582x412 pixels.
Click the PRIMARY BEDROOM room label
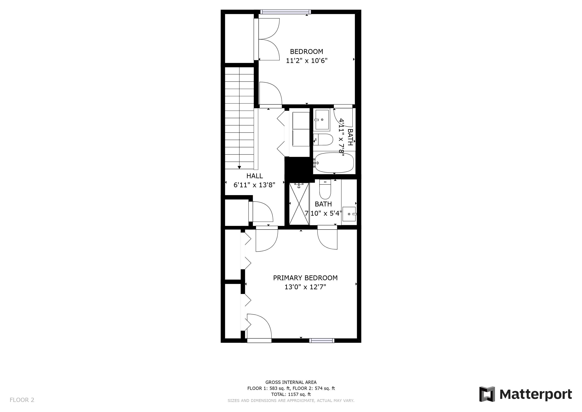click(305, 278)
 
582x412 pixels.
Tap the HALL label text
click(254, 176)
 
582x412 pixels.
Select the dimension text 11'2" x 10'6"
click(307, 61)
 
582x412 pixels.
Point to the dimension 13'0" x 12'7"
click(305, 287)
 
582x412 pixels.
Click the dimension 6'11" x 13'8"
click(254, 185)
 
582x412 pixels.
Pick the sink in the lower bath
click(349, 214)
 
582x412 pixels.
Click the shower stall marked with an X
click(299, 204)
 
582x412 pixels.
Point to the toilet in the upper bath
click(323, 140)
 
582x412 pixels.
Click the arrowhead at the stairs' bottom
click(239, 167)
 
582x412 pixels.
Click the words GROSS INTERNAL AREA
click(291, 382)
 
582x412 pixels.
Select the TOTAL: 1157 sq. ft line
click(291, 394)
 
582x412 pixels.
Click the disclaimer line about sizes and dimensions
click(291, 401)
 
